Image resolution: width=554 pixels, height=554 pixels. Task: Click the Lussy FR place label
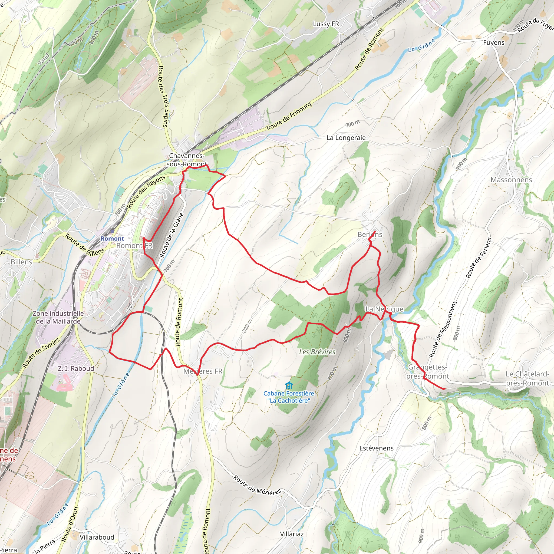coord(326,24)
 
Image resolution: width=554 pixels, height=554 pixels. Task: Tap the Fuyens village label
coord(493,43)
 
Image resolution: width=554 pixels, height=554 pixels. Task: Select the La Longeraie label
coord(346,138)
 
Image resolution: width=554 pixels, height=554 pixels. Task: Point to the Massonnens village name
coord(511,180)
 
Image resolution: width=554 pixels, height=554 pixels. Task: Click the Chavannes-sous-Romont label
coord(186,160)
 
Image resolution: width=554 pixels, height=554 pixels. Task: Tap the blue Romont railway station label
coord(112,239)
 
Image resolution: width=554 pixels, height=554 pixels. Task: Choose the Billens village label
coord(22,262)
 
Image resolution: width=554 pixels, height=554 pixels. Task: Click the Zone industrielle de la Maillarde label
coord(58,317)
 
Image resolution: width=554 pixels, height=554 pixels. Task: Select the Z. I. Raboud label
coord(76,368)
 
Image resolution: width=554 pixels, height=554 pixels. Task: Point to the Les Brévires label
coord(317,352)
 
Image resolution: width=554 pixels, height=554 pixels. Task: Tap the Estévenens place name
coord(376,448)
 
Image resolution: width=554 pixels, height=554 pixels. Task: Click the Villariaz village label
coord(292,534)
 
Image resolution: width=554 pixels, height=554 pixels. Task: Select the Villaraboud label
coord(97,537)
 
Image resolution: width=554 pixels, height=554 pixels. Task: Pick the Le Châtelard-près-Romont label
coord(527,378)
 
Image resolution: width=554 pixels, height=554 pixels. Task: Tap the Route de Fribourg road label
coord(289,116)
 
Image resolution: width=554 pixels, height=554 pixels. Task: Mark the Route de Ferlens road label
coord(478,258)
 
